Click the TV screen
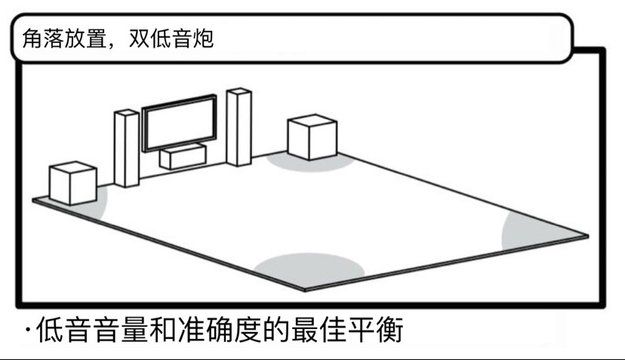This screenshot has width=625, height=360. [x=180, y=123]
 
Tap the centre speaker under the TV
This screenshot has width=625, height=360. [x=183, y=156]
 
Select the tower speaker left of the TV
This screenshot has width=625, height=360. [x=127, y=148]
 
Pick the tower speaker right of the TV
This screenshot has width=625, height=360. [x=239, y=127]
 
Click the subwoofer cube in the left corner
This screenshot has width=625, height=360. [x=73, y=183]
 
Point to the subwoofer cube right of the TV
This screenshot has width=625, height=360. [x=312, y=137]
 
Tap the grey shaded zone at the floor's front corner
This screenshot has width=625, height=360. [x=309, y=269]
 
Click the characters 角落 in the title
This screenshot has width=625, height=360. [x=43, y=38]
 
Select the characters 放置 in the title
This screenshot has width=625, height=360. [x=85, y=38]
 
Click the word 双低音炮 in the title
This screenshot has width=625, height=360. [x=171, y=38]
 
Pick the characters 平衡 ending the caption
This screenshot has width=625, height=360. [x=375, y=329]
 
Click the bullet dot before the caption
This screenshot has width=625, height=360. [x=28, y=330]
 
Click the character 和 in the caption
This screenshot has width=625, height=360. [x=163, y=329]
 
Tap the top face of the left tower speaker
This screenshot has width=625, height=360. [x=127, y=112]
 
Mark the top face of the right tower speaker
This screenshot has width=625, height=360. [x=239, y=91]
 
